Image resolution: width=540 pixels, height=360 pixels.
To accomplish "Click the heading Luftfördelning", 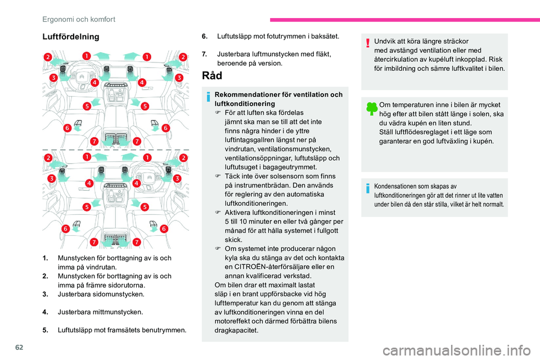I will tap(70, 37).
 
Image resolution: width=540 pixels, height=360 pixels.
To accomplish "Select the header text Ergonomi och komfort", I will tap(79, 19).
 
